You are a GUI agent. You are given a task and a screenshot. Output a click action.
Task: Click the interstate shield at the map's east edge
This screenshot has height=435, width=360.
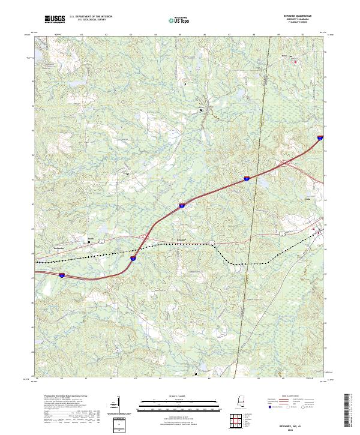pos(319,137)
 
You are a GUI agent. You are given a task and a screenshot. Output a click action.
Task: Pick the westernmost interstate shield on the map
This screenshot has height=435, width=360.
pos(62,275)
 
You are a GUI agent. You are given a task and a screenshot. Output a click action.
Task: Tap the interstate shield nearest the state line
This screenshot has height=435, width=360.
pos(246,178)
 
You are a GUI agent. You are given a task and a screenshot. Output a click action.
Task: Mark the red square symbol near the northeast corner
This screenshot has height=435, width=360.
pos(295,61)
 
